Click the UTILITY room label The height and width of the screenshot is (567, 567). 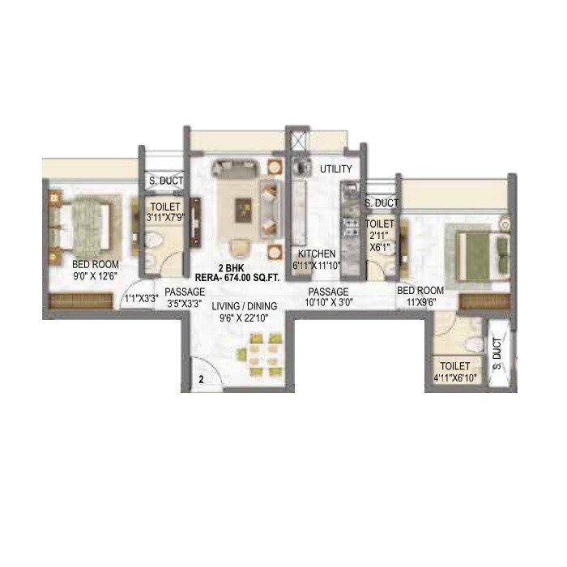(335, 169)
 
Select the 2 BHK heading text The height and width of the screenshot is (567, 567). (232, 267)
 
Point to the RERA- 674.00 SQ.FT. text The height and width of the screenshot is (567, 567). (232, 278)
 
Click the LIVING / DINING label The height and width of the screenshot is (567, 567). (245, 306)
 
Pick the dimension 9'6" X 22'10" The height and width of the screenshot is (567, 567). (245, 318)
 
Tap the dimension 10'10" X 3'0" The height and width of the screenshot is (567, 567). (327, 303)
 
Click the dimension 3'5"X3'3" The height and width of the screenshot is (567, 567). (184, 304)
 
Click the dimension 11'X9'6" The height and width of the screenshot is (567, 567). (420, 302)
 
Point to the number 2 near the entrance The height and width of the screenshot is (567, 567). (200, 378)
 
